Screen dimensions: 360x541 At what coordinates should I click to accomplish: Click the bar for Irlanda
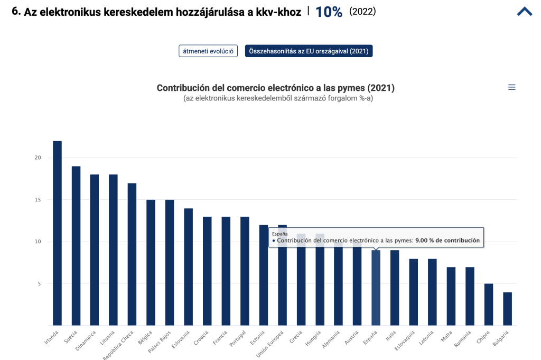[x=57, y=233]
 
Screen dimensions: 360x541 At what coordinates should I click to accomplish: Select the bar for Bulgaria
[x=507, y=309]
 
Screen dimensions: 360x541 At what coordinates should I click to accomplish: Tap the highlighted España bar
[x=376, y=288]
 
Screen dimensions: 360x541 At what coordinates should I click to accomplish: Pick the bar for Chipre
[x=489, y=304]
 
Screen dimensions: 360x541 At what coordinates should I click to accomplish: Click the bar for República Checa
[x=132, y=254]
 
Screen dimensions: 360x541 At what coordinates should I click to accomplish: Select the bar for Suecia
[x=76, y=246]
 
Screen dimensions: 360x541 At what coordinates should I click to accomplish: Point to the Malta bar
[x=451, y=296]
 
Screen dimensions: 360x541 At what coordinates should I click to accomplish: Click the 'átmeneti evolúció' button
[x=208, y=51]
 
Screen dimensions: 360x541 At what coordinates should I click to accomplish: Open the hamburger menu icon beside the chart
[x=511, y=88]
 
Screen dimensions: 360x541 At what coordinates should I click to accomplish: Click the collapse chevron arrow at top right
[x=524, y=12]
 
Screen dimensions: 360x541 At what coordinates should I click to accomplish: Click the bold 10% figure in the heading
[x=329, y=12]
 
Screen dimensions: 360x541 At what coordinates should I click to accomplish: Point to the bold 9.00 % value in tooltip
[x=447, y=241]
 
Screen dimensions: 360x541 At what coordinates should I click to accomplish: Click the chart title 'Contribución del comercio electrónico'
[x=275, y=88]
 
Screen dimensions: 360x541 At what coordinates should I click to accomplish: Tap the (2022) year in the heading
[x=362, y=12]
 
